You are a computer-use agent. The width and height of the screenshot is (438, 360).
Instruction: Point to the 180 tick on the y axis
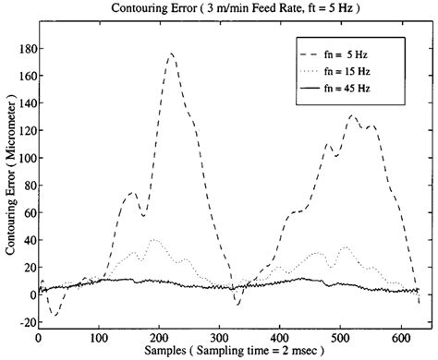tap(21, 47)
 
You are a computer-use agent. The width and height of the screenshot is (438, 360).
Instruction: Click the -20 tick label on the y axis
tap(21, 322)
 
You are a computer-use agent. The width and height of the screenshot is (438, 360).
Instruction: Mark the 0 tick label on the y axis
tap(27, 294)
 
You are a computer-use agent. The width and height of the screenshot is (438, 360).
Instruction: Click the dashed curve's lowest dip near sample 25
tap(54, 315)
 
